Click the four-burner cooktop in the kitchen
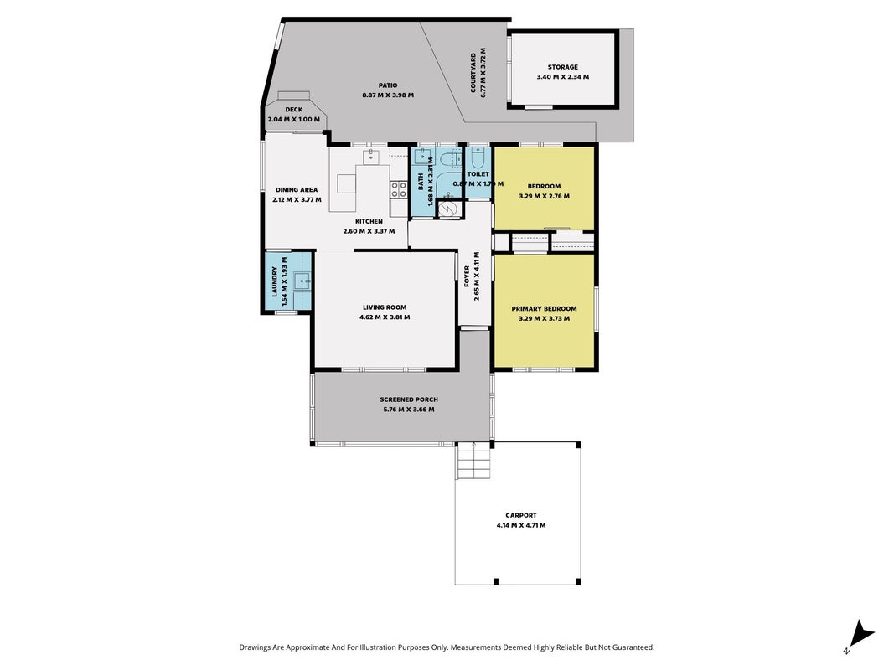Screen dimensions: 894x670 399,190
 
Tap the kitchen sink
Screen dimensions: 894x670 372,156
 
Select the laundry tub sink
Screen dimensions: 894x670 302,281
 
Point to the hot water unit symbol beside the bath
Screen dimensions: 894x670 449,209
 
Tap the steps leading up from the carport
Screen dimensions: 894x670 473,461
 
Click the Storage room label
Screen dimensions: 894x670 563,67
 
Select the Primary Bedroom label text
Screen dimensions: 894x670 544,309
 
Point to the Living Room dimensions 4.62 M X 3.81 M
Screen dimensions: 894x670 385,317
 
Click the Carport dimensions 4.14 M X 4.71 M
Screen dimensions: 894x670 520,525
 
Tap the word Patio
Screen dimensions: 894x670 388,85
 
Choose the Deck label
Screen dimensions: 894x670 293,110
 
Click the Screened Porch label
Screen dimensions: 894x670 409,399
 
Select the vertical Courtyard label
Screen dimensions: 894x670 473,73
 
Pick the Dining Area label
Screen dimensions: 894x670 297,190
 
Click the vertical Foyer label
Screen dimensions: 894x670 467,276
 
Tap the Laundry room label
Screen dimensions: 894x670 275,281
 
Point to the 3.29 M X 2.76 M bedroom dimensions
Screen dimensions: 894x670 544,196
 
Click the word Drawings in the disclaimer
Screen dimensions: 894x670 254,647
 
